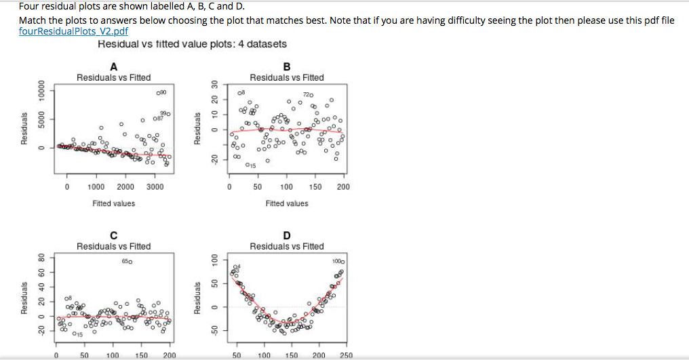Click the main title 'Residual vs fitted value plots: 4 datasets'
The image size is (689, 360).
pos(192,44)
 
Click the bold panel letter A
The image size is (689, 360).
pos(113,66)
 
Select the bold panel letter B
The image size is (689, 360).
pos(286,66)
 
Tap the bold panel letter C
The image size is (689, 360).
pos(113,235)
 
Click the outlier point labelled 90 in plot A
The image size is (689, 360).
pos(157,92)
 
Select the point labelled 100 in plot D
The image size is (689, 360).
pos(342,261)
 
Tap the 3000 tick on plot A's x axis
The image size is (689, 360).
pos(155,186)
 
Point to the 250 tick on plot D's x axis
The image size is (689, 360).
pos(345,355)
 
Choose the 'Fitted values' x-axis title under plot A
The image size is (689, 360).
pos(113,203)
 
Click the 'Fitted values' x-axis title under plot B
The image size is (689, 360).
pos(286,203)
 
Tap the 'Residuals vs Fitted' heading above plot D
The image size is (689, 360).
pos(286,246)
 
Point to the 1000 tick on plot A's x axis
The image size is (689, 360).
pos(96,186)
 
